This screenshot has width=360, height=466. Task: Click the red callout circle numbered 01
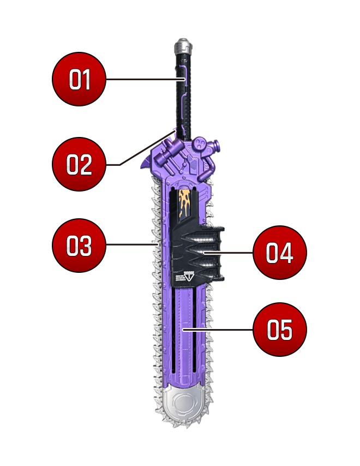(79, 79)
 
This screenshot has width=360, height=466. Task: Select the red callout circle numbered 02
(79, 164)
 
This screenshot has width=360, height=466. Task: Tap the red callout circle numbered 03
(79, 246)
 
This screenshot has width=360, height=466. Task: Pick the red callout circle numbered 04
(279, 252)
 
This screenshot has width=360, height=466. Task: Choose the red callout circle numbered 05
(279, 329)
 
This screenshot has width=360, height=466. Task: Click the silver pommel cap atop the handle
(183, 45)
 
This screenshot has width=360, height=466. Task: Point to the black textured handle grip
(183, 95)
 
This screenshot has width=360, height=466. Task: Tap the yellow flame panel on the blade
(184, 205)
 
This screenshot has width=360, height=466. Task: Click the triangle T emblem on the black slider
(189, 276)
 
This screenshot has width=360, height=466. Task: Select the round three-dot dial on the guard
(201, 144)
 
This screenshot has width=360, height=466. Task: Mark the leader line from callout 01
(146, 79)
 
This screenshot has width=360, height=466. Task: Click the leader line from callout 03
(131, 244)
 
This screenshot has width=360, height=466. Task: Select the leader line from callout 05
(218, 329)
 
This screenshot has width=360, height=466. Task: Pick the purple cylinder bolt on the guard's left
(170, 151)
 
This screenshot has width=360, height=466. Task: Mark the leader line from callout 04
(228, 253)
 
